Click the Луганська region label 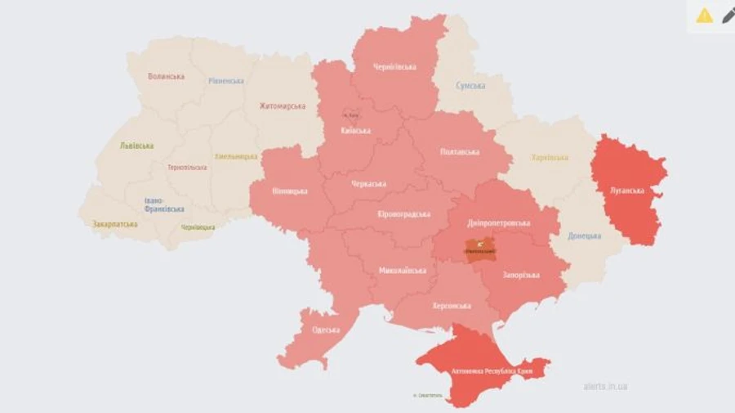[627, 191]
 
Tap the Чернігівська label [394, 66]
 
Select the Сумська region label [470, 85]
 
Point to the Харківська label [550, 158]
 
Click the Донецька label [585, 236]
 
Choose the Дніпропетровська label [499, 222]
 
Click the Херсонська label [451, 306]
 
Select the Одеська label [327, 330]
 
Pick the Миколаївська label [403, 270]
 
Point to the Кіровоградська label [403, 213]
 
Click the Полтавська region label [460, 151]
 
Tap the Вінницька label [290, 191]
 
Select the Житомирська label [283, 105]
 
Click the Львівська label [136, 146]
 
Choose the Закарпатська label [114, 222]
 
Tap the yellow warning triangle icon [704, 15]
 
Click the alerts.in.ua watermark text [605, 386]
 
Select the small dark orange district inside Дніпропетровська [480, 248]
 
